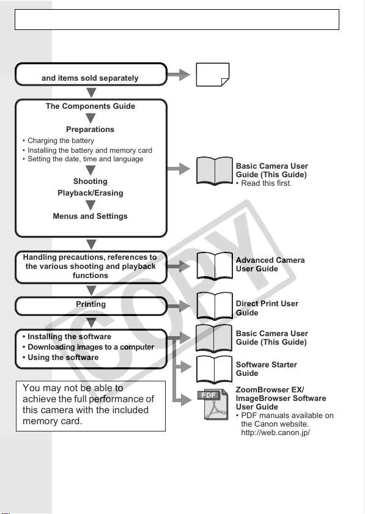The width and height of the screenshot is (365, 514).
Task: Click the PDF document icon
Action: pyautogui.click(x=213, y=405)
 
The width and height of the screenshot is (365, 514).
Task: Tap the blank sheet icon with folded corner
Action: pyautogui.click(x=213, y=75)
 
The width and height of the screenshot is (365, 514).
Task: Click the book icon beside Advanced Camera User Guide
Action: pyautogui.click(x=215, y=265)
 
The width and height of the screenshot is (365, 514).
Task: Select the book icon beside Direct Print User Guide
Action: pyautogui.click(x=215, y=306)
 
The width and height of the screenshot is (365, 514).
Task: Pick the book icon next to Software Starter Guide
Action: pyautogui.click(x=215, y=369)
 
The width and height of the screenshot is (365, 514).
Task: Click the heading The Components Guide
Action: pyautogui.click(x=90, y=106)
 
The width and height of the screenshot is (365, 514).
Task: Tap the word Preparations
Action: pyautogui.click(x=90, y=130)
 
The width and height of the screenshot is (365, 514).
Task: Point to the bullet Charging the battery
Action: pyautogui.click(x=58, y=141)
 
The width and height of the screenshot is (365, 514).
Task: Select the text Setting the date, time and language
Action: pyautogui.click(x=83, y=159)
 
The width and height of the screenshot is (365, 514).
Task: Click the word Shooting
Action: pyautogui.click(x=90, y=182)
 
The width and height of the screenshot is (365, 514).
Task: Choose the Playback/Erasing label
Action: pyautogui.click(x=90, y=193)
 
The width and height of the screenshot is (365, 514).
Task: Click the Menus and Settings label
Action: pyautogui.click(x=90, y=216)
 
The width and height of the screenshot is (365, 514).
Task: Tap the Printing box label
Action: pyautogui.click(x=91, y=304)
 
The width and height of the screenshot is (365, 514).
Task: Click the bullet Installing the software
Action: pyautogui.click(x=67, y=337)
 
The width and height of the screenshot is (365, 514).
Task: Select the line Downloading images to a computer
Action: pyautogui.click(x=88, y=347)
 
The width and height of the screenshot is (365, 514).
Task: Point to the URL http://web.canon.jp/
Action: pyautogui.click(x=276, y=433)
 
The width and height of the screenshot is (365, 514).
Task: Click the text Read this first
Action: pyautogui.click(x=264, y=183)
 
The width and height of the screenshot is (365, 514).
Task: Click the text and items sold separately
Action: pyautogui.click(x=90, y=78)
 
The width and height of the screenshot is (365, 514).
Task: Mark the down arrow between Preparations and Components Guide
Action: pyautogui.click(x=90, y=119)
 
